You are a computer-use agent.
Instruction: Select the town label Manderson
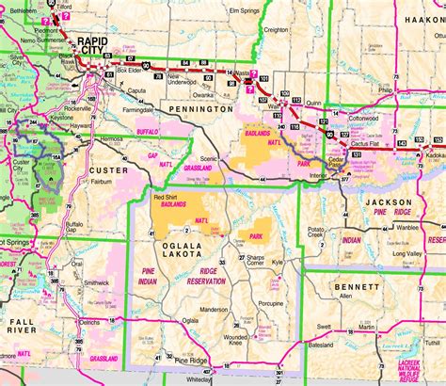(214, 309)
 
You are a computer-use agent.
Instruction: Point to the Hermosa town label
(113, 138)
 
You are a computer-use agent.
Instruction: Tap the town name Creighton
(275, 56)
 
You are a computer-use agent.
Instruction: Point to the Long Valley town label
(406, 253)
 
